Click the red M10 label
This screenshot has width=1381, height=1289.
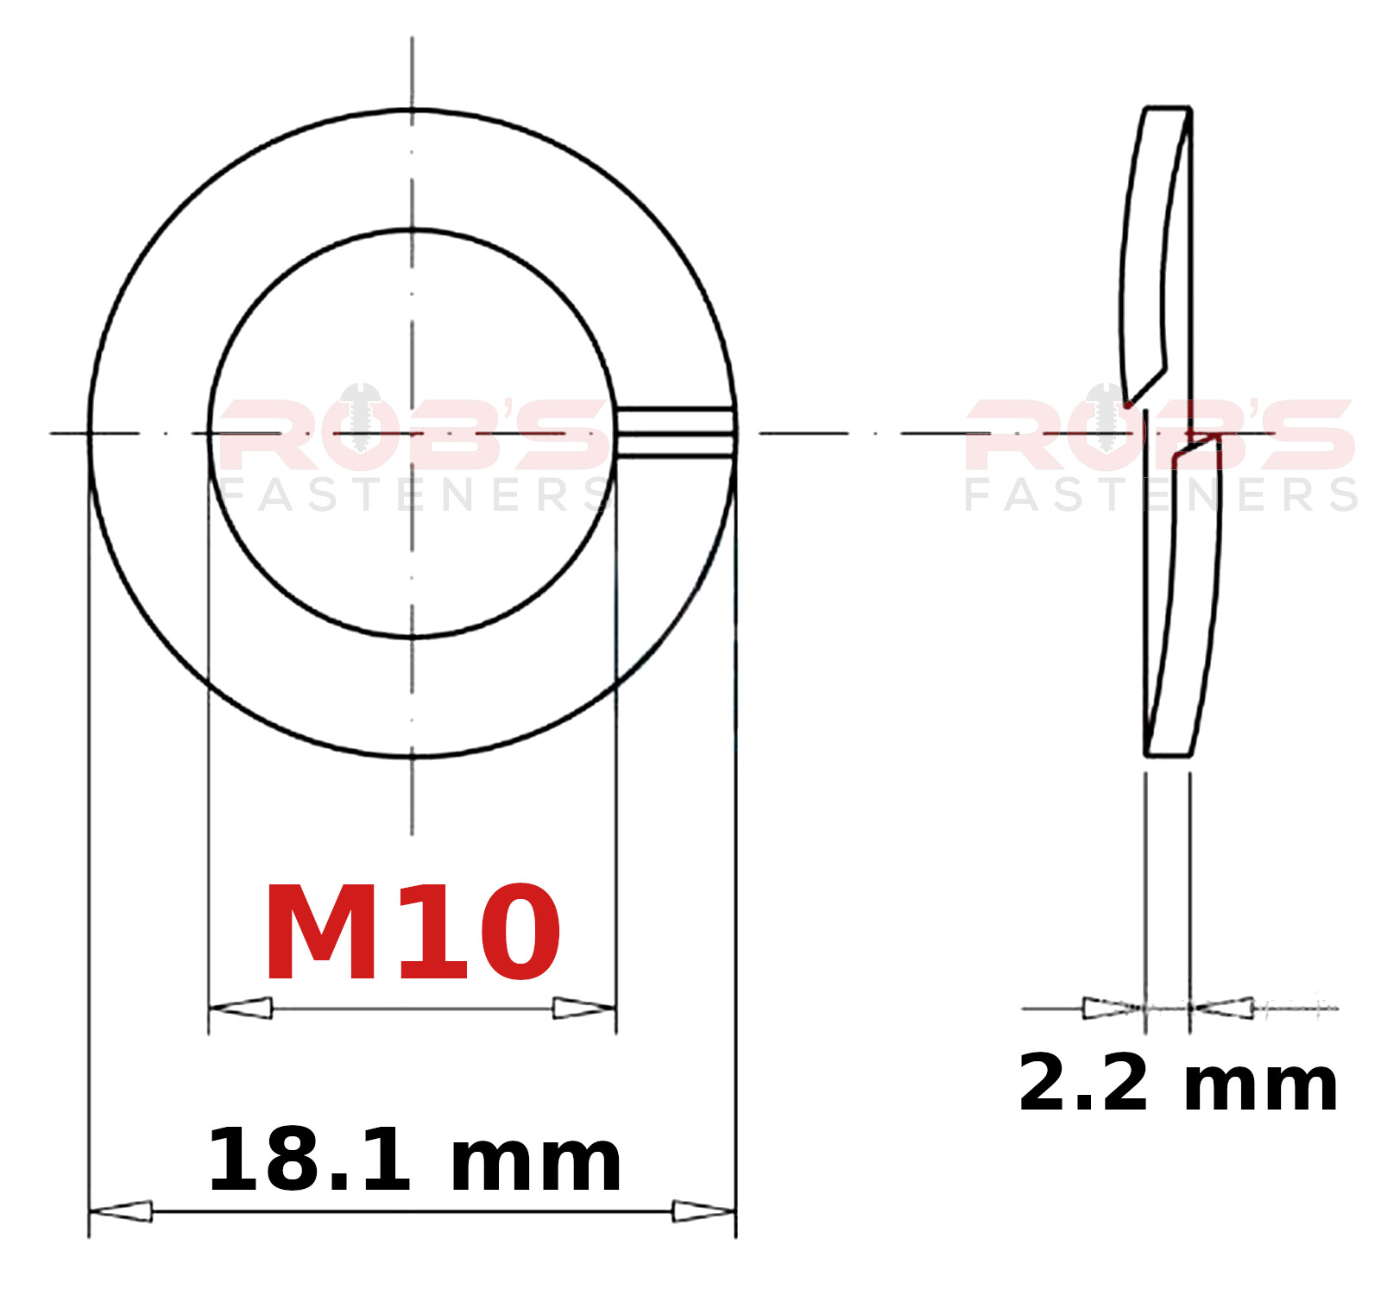413,933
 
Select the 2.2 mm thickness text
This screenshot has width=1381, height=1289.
1178,1083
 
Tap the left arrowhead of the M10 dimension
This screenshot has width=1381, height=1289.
242,1008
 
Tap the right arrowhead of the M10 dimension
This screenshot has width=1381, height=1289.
583,1008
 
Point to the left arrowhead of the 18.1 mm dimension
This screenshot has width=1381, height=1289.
122,1211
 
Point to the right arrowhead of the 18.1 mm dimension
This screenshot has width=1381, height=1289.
703,1211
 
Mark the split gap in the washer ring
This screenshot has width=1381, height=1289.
675,432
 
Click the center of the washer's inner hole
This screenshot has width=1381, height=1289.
413,433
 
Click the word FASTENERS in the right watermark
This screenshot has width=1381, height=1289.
1161,495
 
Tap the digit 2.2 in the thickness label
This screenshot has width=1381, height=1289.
1083,1083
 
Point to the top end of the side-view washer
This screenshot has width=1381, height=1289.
1168,110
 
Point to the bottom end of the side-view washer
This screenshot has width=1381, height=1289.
1168,755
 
